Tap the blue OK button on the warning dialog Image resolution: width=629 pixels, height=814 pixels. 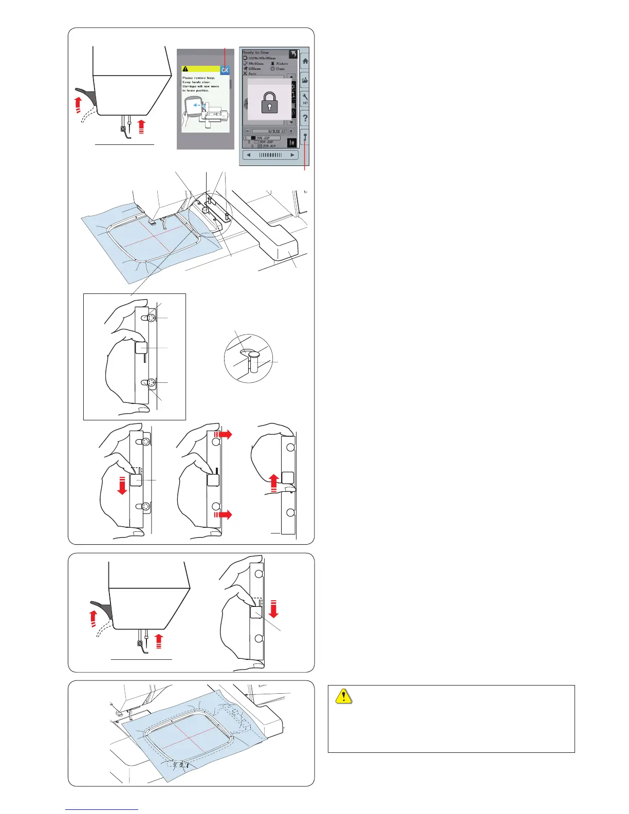[x=225, y=70]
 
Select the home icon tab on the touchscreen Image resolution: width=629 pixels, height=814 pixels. [x=305, y=61]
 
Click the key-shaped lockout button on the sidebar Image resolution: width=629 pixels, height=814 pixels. [x=305, y=138]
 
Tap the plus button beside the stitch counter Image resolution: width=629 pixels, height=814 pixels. [x=291, y=132]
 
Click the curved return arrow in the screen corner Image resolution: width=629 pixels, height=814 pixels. [x=292, y=53]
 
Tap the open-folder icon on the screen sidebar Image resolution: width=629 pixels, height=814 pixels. [x=305, y=80]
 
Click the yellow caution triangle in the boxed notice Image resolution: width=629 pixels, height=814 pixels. [x=343, y=696]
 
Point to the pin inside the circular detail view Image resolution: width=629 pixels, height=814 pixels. [x=250, y=361]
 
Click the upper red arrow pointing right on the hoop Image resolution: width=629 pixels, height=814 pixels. [x=224, y=434]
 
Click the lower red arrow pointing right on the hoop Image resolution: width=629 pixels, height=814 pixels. [x=224, y=514]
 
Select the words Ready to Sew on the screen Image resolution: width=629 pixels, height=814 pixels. [x=255, y=52]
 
